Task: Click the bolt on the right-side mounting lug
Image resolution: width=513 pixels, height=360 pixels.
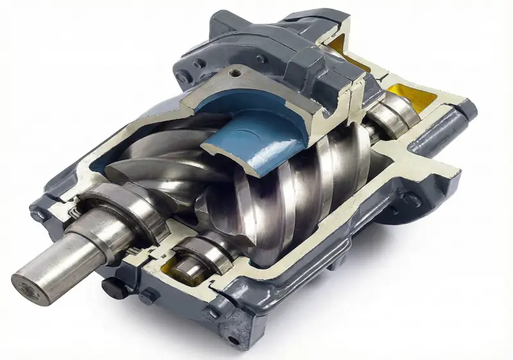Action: pos(411,200)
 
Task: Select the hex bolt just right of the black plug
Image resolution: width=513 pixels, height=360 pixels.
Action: pos(149,296)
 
